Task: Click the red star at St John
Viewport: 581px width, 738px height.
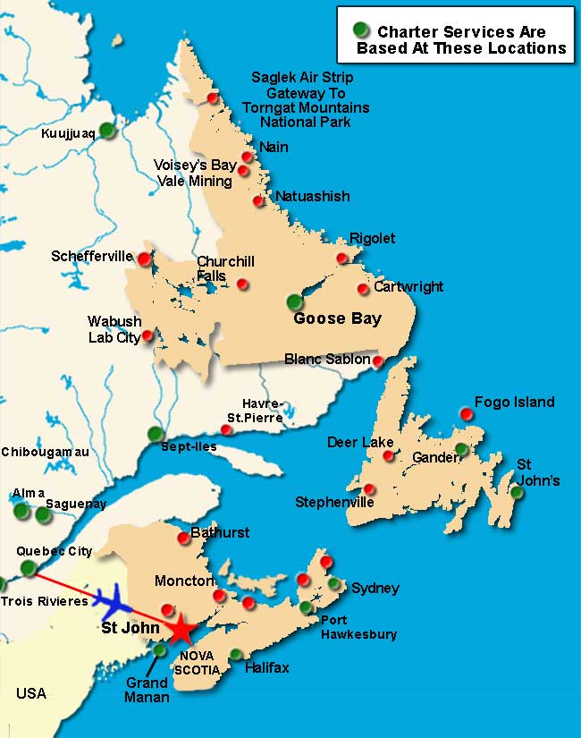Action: [x=181, y=629]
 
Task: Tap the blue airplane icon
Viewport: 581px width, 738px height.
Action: [x=111, y=598]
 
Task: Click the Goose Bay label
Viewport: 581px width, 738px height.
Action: [x=338, y=318]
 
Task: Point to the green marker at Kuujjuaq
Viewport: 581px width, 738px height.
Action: [x=107, y=130]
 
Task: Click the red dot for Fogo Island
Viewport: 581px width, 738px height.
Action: [x=466, y=413]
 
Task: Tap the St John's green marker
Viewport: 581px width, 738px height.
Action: [x=517, y=492]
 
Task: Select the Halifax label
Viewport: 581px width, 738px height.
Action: [x=269, y=667]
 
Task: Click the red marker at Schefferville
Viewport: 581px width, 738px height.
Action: [x=144, y=259]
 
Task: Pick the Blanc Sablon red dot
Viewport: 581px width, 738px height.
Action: [x=378, y=361]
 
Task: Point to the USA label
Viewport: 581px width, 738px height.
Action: [x=30, y=693]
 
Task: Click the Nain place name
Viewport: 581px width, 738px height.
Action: [x=273, y=147]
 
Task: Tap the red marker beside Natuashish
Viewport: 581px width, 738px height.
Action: [x=258, y=200]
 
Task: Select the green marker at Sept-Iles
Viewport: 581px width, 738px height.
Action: [x=156, y=434]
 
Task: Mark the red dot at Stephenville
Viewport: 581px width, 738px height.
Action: [x=369, y=488]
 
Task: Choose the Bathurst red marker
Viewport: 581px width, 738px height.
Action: [x=183, y=538]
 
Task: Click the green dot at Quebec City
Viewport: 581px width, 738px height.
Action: [x=29, y=567]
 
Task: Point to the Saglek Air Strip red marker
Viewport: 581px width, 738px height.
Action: [x=212, y=98]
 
